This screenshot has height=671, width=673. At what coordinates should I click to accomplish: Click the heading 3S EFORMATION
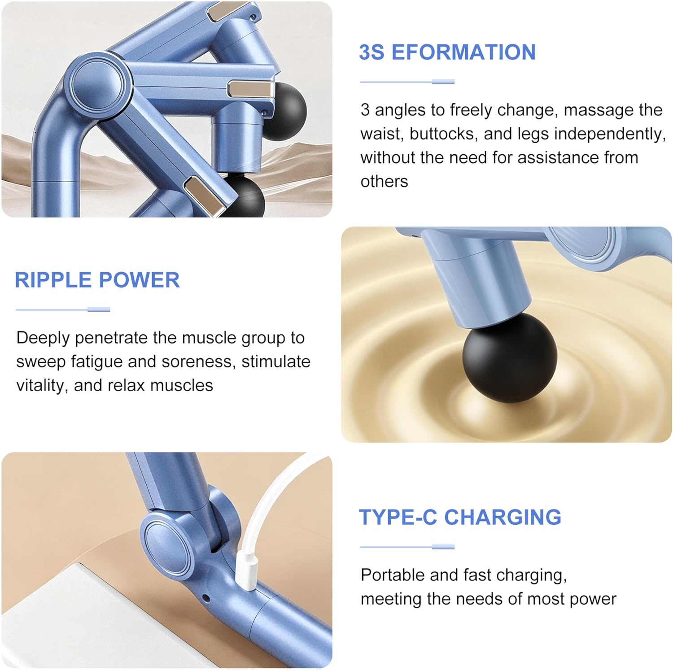pos(447,52)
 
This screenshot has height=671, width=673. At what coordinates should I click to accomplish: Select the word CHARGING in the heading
pos(503,517)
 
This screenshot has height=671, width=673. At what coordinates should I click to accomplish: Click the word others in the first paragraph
pos(385,181)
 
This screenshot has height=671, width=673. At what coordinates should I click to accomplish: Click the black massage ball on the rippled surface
pos(510,357)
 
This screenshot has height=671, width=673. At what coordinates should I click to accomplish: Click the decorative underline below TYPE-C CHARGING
pos(407,547)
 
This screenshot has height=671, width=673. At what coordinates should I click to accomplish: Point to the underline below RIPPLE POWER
pos(63,309)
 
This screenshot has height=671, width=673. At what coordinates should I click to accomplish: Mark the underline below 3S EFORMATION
pos(407,82)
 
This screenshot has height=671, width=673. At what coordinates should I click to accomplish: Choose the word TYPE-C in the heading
pos(398,517)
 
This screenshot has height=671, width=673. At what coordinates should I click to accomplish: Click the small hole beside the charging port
pos(206,598)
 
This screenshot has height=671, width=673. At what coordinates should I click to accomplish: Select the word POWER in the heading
pos(139,280)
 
